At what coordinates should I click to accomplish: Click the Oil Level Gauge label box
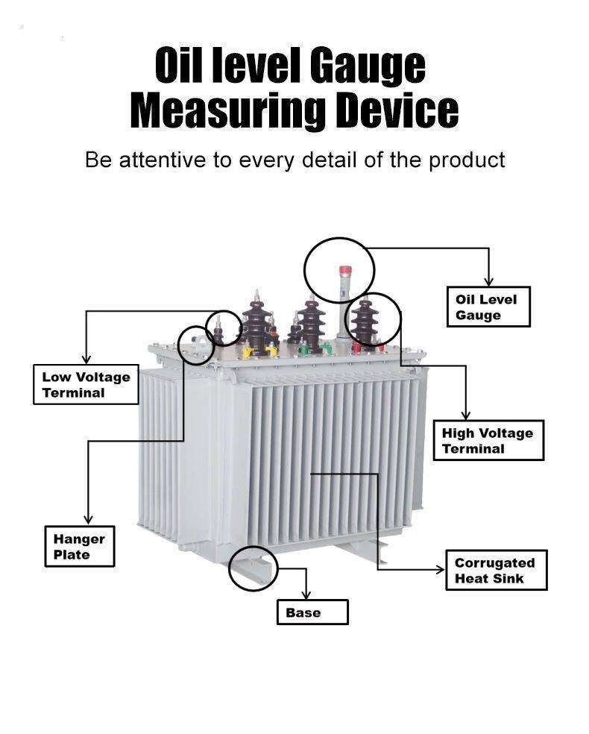[488, 307]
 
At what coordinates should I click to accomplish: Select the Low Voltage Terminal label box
[86, 384]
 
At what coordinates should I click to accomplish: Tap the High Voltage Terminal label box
[488, 441]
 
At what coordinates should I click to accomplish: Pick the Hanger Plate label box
[80, 546]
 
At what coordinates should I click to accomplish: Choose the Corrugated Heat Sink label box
[497, 570]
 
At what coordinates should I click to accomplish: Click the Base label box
[312, 612]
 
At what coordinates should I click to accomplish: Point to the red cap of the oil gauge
[345, 271]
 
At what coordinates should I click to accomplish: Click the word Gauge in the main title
[368, 66]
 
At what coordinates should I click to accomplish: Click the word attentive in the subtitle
[163, 160]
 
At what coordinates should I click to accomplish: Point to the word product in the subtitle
[467, 160]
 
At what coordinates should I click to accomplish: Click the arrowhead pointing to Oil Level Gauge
[489, 281]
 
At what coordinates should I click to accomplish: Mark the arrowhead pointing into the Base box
[306, 595]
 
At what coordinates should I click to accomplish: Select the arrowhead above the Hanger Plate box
[88, 520]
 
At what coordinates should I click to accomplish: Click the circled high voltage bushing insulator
[365, 320]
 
